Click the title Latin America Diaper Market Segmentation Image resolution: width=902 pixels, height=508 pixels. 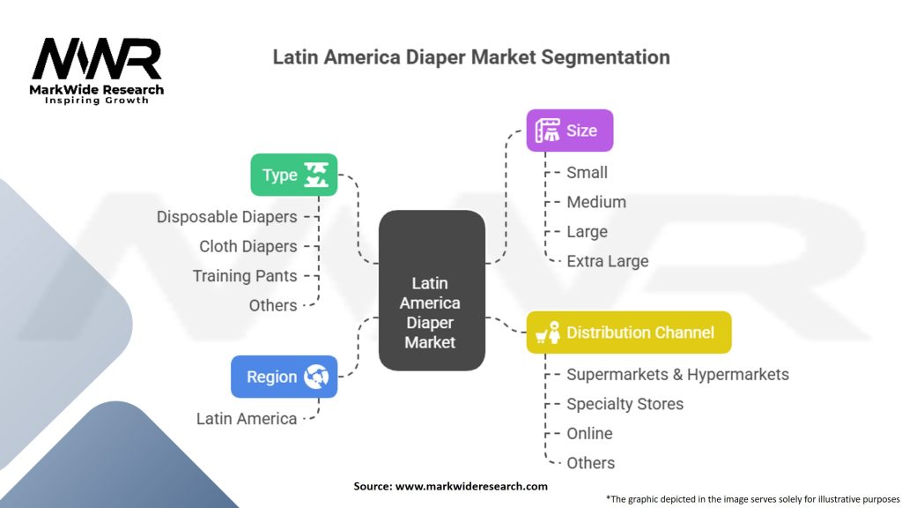[x=471, y=57]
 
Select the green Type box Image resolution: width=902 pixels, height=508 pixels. [x=293, y=175]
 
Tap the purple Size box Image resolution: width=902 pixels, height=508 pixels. [x=569, y=131]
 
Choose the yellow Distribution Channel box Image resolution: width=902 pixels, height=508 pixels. [x=628, y=332]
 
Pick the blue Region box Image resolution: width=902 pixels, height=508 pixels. [x=284, y=377]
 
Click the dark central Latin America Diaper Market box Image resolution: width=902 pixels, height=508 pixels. [x=431, y=289]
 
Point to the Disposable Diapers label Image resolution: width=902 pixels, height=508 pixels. [x=226, y=216]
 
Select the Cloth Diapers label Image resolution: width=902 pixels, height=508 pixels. [x=248, y=246]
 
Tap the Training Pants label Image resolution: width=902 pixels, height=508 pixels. [x=245, y=276]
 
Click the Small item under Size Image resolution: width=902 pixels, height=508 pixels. [x=587, y=172]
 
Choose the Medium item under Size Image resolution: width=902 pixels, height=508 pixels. [x=595, y=202]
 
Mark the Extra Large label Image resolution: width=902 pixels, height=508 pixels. [x=607, y=261]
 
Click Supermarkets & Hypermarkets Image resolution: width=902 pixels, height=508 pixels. [x=676, y=374]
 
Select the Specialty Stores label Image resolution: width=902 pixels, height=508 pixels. [x=625, y=404]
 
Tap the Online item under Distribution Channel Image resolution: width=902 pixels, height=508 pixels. [x=589, y=433]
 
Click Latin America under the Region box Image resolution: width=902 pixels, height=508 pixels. [x=247, y=418]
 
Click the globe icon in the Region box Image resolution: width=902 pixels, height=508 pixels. [x=315, y=377]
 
